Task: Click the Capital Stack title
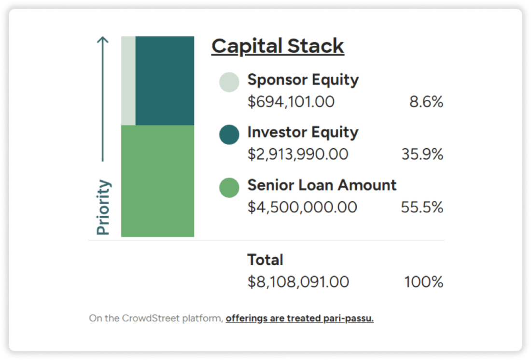click(278, 46)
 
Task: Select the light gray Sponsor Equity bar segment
click(128, 80)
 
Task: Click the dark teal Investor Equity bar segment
click(165, 80)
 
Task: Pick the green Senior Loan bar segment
click(157, 181)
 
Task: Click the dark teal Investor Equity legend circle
click(229, 135)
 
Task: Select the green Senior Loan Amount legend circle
click(229, 187)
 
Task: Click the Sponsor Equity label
click(303, 80)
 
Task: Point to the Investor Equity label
click(303, 132)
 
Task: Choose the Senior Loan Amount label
click(322, 185)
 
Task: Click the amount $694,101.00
click(291, 102)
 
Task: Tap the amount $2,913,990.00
click(298, 154)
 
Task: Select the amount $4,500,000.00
click(303, 207)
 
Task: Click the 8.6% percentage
click(426, 102)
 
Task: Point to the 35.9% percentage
click(422, 154)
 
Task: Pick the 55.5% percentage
click(422, 207)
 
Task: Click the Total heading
click(265, 260)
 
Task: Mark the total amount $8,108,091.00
click(298, 282)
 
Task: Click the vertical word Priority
click(103, 207)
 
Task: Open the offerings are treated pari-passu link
click(299, 318)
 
